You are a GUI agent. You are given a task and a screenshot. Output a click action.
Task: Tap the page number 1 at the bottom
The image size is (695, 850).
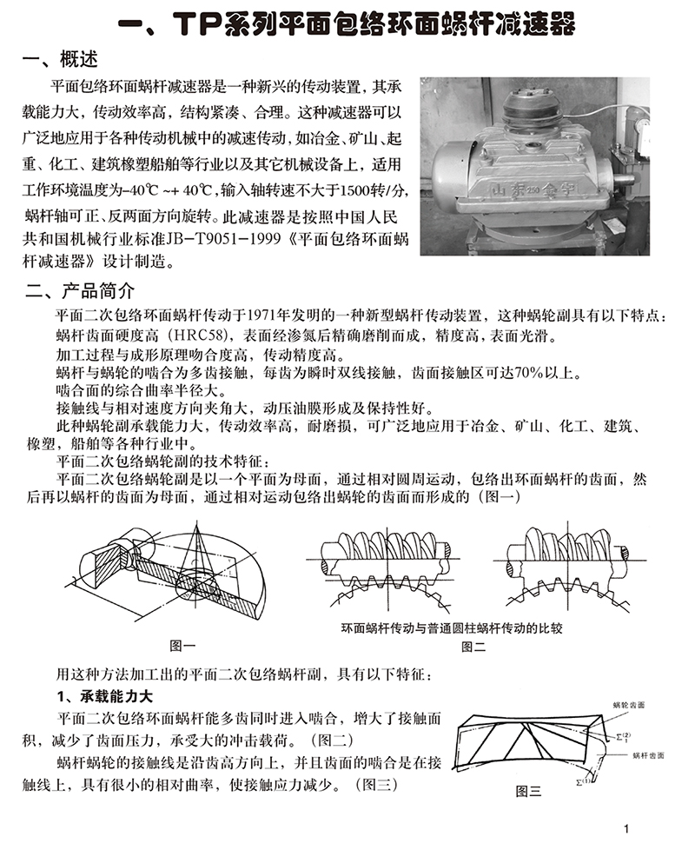tap(638, 828)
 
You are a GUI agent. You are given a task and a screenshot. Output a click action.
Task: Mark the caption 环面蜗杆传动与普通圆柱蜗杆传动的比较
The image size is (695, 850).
tap(451, 627)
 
